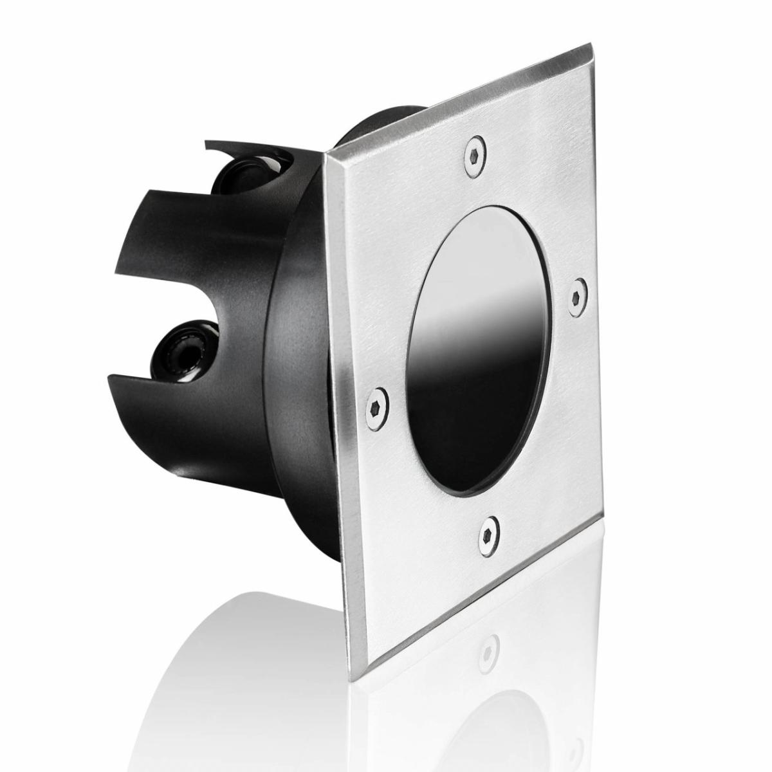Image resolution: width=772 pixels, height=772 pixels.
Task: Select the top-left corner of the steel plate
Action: (x=326, y=152)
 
